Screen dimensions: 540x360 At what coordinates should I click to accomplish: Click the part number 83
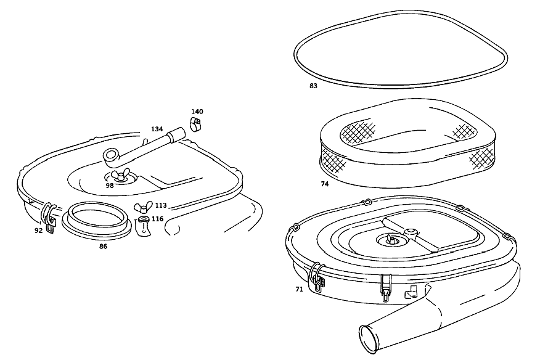[313, 86]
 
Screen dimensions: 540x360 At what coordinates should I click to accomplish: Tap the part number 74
[325, 184]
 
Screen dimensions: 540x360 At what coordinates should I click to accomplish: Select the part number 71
[299, 289]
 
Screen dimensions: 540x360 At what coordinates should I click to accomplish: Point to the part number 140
[197, 112]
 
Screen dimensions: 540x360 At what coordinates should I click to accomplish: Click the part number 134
[157, 129]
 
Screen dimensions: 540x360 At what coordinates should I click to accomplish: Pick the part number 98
[110, 186]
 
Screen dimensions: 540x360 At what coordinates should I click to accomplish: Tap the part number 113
[161, 205]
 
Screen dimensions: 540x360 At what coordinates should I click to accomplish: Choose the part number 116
[157, 219]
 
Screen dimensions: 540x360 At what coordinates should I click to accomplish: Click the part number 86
[103, 247]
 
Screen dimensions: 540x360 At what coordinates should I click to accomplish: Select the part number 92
[38, 231]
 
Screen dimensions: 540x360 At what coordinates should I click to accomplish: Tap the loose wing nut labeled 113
[141, 208]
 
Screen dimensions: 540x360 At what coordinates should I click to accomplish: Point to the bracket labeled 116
[144, 227]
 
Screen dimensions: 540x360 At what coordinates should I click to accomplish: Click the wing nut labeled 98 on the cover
[121, 174]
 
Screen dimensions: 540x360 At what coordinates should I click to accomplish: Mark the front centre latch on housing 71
[386, 288]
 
